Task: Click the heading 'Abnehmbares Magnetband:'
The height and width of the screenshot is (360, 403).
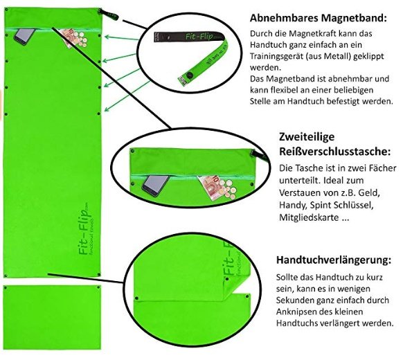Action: pyautogui.click(x=319, y=18)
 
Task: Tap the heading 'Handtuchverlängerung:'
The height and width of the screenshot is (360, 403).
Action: pyautogui.click(x=334, y=260)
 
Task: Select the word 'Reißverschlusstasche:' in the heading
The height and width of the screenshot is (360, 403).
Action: pyautogui.click(x=335, y=152)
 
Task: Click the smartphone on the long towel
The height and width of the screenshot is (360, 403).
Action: pyautogui.click(x=24, y=37)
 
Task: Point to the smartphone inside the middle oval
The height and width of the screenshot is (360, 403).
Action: pyautogui.click(x=155, y=186)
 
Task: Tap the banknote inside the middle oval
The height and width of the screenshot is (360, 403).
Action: pyautogui.click(x=211, y=188)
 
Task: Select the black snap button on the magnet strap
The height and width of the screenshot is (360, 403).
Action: pyautogui.click(x=190, y=75)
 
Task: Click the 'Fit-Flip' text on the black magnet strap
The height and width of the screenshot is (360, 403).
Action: pyautogui.click(x=199, y=37)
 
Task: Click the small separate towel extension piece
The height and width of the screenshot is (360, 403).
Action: pyautogui.click(x=52, y=317)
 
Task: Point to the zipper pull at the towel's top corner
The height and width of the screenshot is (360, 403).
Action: pyautogui.click(x=108, y=14)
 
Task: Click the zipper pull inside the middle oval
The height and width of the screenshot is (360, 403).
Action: pyautogui.click(x=260, y=156)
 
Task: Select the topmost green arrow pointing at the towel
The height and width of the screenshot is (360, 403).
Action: pyautogui.click(x=121, y=38)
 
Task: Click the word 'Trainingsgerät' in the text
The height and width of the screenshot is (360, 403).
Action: pyautogui.click(x=276, y=56)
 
